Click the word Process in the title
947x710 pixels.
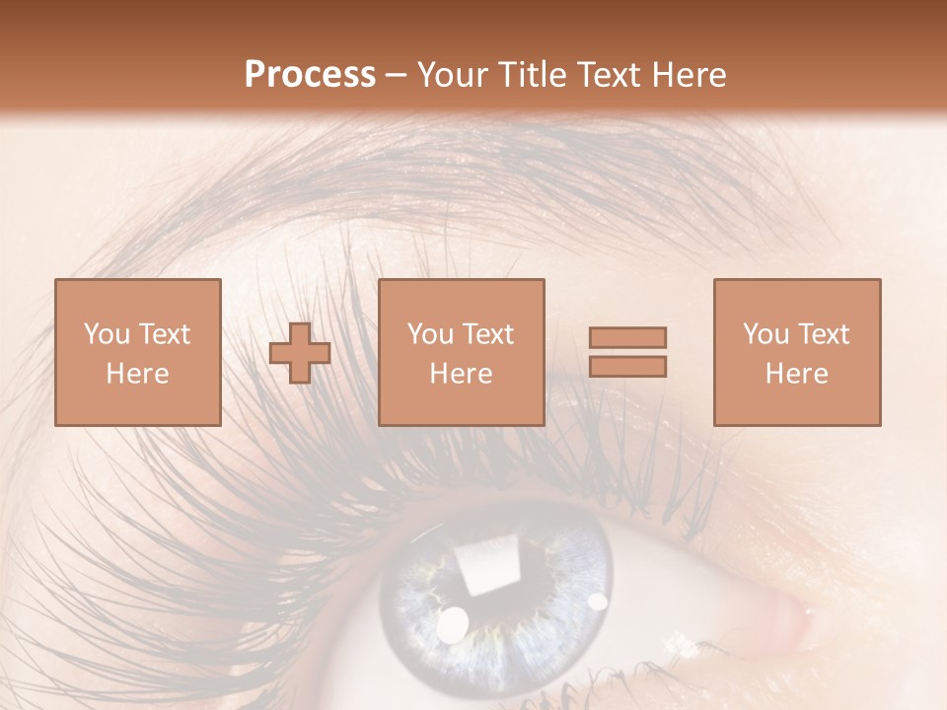(310, 75)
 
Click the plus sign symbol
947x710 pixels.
(300, 353)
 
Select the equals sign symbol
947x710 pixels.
(627, 353)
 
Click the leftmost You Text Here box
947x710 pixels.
(138, 353)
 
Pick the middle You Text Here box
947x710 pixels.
(461, 353)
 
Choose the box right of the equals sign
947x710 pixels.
(796, 353)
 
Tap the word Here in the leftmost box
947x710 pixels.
(138, 374)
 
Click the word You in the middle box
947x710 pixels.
(430, 334)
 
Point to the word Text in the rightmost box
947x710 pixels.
(826, 334)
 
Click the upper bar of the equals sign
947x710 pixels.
(627, 338)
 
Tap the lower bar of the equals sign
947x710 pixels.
(627, 367)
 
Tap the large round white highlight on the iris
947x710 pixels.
(452, 624)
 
